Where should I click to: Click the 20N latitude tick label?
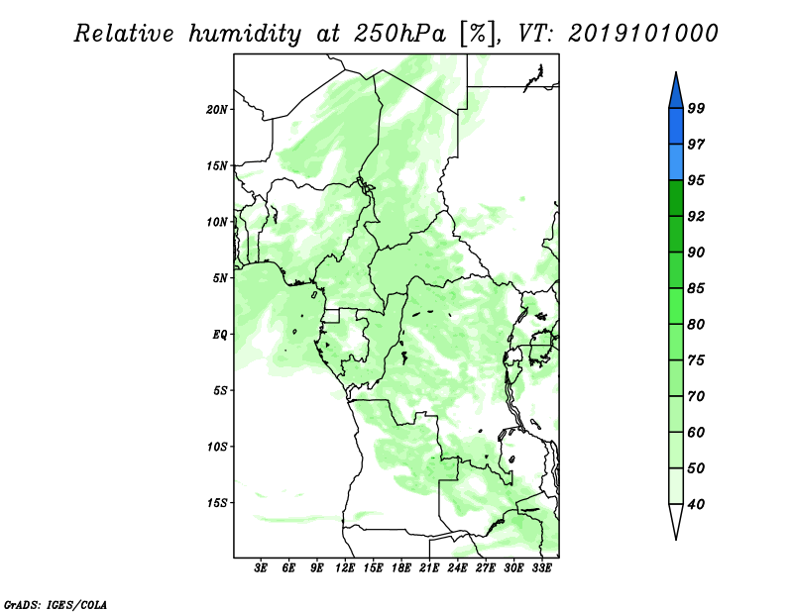tap(217, 110)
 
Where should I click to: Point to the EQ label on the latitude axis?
tap(219, 335)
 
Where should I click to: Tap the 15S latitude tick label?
tap(217, 503)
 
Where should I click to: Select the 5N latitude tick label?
tap(219, 278)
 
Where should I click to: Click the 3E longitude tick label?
tap(261, 568)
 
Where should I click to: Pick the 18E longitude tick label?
tap(401, 568)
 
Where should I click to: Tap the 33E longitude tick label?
tap(541, 568)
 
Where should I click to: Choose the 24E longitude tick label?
tap(457, 568)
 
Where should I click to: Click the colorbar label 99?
tap(696, 108)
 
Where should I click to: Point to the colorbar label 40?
tap(696, 504)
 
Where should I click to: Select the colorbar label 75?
tap(696, 360)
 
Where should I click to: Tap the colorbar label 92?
tap(696, 216)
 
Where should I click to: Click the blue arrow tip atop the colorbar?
tap(676, 72)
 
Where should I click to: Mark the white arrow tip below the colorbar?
tap(676, 539)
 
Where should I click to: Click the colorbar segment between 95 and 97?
tap(676, 162)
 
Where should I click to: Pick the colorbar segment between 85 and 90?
tap(676, 270)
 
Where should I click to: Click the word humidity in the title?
tap(245, 35)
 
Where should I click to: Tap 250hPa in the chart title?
tap(400, 35)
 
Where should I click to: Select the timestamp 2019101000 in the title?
tap(642, 34)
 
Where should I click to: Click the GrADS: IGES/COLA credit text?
tap(56, 605)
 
